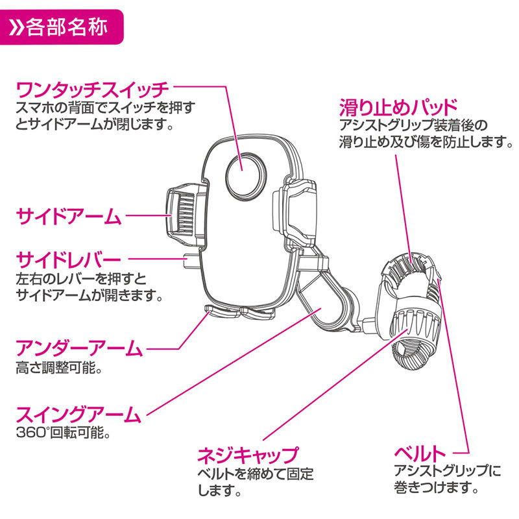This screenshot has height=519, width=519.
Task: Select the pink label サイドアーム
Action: [68, 216]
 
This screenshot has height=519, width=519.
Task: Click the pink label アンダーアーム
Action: [78, 349]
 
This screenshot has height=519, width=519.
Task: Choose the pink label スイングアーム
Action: [78, 413]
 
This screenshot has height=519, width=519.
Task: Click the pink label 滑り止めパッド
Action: [398, 106]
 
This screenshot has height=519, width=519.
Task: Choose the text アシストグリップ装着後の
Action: [412, 125]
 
